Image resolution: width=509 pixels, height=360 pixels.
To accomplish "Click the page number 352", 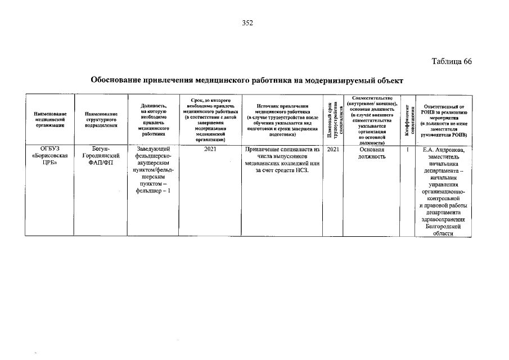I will click(247, 23).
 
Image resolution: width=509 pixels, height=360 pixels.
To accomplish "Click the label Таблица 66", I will click(452, 61).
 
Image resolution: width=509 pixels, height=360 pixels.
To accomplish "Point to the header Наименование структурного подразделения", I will click(102, 120).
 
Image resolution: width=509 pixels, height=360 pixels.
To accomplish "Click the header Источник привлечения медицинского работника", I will click(282, 120).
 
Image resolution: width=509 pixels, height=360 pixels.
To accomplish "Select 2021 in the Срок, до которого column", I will click(210, 150).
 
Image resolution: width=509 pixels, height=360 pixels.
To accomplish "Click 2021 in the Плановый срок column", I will click(332, 150).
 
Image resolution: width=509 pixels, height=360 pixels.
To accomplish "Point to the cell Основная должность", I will click(371, 153).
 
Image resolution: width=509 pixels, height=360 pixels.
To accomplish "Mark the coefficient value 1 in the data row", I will click(407, 150).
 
